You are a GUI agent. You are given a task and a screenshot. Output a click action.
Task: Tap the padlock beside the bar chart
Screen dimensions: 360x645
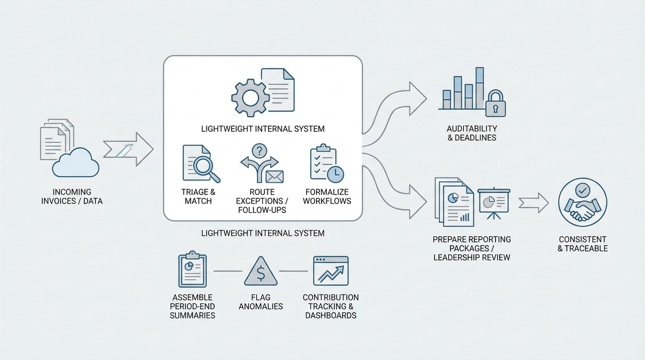[496, 104]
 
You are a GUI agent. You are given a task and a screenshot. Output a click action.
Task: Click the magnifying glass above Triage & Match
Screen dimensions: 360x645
[205, 166]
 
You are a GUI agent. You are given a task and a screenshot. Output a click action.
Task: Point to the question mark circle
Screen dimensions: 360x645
[260, 150]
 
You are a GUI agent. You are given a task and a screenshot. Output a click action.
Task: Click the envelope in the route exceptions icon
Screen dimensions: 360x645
[274, 176]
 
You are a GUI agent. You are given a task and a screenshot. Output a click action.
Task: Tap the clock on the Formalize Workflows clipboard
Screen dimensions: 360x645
[335, 173]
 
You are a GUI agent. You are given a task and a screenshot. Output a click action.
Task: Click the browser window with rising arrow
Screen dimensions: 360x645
[330, 271]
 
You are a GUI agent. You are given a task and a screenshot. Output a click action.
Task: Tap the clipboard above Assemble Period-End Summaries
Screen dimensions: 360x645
[192, 270]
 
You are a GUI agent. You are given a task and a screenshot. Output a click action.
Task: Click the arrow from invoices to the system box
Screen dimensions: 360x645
[128, 148]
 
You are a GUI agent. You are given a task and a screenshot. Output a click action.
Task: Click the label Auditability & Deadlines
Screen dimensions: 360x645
[472, 133]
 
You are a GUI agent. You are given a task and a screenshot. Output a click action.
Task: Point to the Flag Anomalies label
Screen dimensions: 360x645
[260, 301]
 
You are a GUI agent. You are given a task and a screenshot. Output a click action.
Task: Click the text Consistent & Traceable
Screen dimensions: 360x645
[582, 244]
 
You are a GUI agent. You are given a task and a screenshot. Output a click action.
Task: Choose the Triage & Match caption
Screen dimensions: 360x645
[198, 196]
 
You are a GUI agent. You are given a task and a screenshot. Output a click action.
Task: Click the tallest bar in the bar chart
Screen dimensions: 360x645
[479, 88]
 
